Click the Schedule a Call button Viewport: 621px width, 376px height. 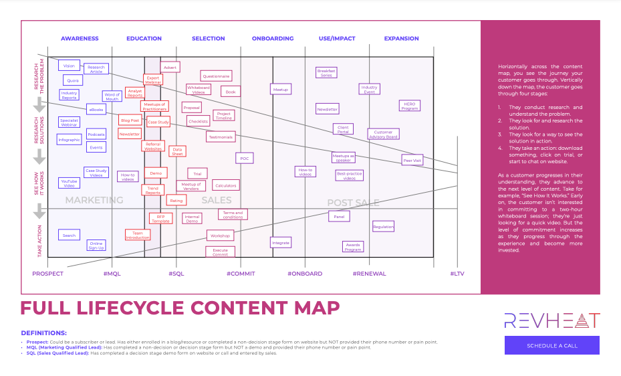click(551, 345)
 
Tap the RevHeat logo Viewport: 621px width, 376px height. click(551, 320)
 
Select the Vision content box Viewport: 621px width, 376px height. click(69, 66)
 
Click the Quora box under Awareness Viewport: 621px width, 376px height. click(72, 80)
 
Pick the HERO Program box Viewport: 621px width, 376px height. click(410, 106)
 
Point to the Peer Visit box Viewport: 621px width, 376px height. click(412, 161)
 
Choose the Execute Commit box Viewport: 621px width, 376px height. click(220, 252)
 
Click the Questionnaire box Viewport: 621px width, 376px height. click(216, 76)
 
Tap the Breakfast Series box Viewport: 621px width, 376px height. click(326, 73)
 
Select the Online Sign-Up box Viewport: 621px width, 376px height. click(96, 246)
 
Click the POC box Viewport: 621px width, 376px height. click(245, 159)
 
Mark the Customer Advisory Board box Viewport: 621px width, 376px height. click(383, 134)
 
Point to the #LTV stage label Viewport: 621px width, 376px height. click(457, 274)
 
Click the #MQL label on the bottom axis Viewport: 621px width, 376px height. click(112, 274)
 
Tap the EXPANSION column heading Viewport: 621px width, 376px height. click(401, 39)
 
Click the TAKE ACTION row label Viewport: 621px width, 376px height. click(39, 241)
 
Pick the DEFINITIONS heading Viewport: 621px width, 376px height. click(44, 333)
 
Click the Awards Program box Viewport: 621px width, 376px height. click(353, 247)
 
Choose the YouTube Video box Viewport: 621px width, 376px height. click(70, 182)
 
